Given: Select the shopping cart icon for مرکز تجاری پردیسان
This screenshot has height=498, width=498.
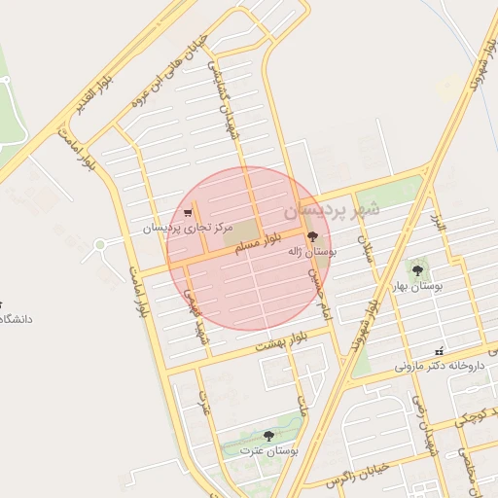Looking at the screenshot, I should point(188,212).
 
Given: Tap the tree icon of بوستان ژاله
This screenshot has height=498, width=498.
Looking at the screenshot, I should point(312,236).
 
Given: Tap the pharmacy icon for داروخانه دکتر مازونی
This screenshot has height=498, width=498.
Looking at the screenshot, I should point(440,351).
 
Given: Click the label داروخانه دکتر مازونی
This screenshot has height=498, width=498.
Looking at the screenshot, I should point(440,368).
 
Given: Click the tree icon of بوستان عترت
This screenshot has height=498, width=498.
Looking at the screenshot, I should point(269,436).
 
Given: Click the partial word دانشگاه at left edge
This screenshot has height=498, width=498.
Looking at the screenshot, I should point(16,318).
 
